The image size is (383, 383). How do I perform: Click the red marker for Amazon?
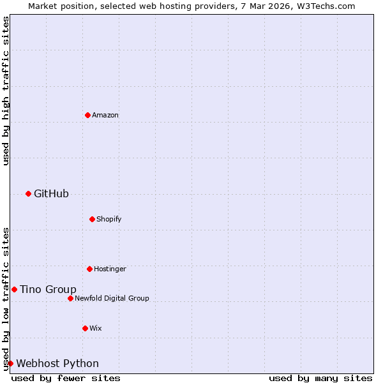point(87,115)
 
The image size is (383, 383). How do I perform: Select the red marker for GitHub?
point(28,193)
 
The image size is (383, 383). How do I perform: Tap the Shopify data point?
point(92,219)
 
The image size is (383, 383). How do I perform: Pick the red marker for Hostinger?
point(89,269)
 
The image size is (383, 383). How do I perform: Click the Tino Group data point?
point(14,289)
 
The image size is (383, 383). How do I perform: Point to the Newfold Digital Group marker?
point(70,298)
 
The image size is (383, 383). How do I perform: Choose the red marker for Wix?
point(85,328)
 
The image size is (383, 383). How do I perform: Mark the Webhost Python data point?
point(10,363)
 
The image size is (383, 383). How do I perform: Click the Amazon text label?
point(105,115)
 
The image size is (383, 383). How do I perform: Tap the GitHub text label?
point(51,193)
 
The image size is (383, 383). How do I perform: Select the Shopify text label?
point(109,219)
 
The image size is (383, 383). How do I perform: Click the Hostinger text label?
point(110,269)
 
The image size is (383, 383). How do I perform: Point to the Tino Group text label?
point(48,289)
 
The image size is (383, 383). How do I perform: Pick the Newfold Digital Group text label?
point(112,298)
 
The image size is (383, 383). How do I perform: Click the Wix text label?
point(95,328)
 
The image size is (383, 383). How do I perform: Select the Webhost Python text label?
point(57,363)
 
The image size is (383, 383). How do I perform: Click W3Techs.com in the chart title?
point(324,6)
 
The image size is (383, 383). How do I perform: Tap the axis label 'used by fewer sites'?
point(66,378)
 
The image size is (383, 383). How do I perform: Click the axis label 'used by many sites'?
point(320,378)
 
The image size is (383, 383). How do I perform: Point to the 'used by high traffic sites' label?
point(6,91)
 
